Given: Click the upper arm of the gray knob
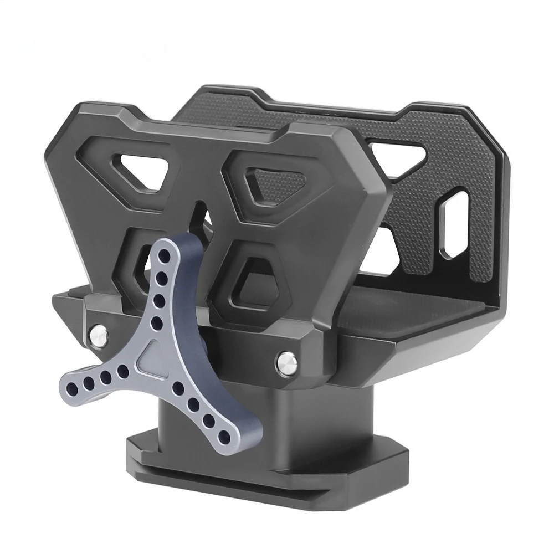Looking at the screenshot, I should coord(166,288).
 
